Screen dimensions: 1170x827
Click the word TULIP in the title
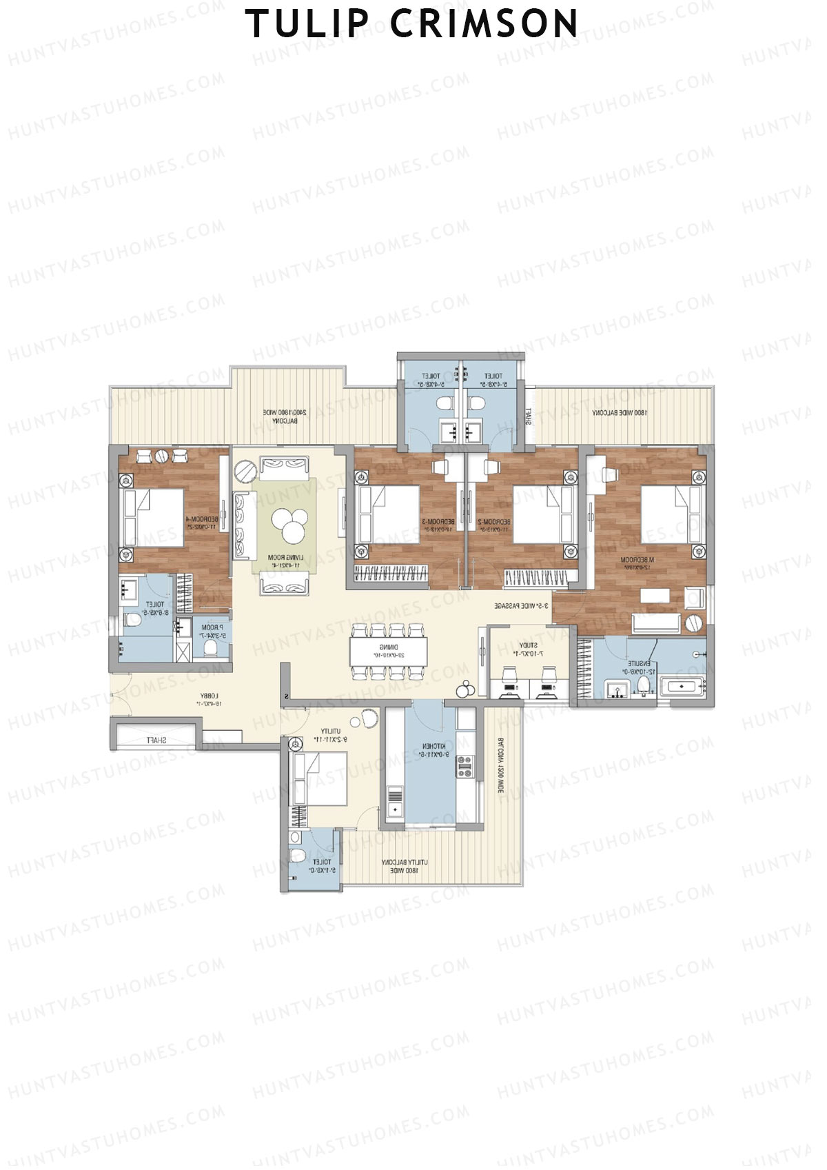coord(307,23)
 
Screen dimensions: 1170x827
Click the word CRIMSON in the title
coord(484,23)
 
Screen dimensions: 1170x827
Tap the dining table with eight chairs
coord(388,650)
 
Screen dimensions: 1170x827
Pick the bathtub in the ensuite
coord(681,686)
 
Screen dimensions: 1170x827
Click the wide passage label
coord(522,606)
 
